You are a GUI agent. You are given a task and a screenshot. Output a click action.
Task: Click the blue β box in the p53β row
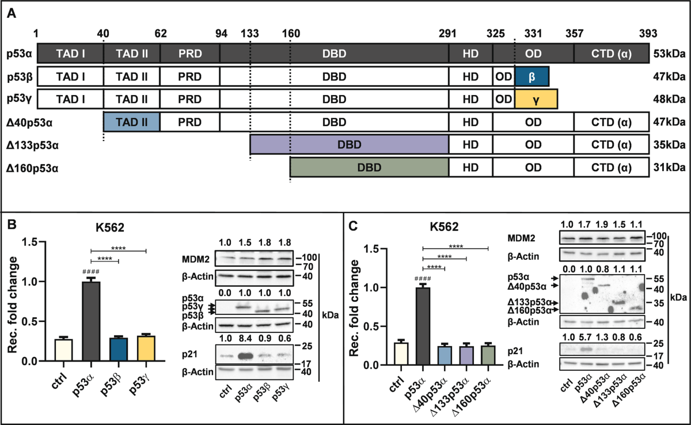tap(531, 76)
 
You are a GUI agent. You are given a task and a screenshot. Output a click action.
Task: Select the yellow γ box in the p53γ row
tap(536, 99)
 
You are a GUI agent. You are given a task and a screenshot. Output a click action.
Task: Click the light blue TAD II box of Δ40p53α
tap(131, 122)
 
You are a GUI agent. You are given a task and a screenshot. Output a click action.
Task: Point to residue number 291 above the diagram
tap(448, 34)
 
